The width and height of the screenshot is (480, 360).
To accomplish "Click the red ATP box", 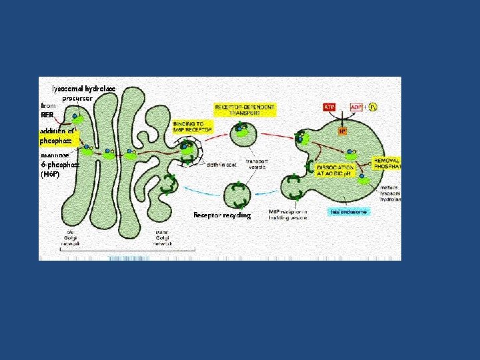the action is tap(329, 107).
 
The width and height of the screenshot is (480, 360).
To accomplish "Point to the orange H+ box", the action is tap(342, 131).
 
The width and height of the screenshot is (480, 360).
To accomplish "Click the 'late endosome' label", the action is tap(349, 212).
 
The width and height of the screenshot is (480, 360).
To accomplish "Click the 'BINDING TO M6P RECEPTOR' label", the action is tap(193, 127).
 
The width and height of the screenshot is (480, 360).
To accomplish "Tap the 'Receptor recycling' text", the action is tap(222, 215).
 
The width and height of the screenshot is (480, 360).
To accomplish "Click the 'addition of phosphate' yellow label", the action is tap(57, 136).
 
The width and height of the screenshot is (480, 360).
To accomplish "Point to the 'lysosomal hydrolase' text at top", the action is tap(84, 88).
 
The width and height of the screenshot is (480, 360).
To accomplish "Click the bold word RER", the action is tap(47, 115).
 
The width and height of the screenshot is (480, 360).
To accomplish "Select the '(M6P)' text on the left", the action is tap(51, 174).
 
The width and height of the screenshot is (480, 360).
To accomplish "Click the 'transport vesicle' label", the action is tap(257, 165).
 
